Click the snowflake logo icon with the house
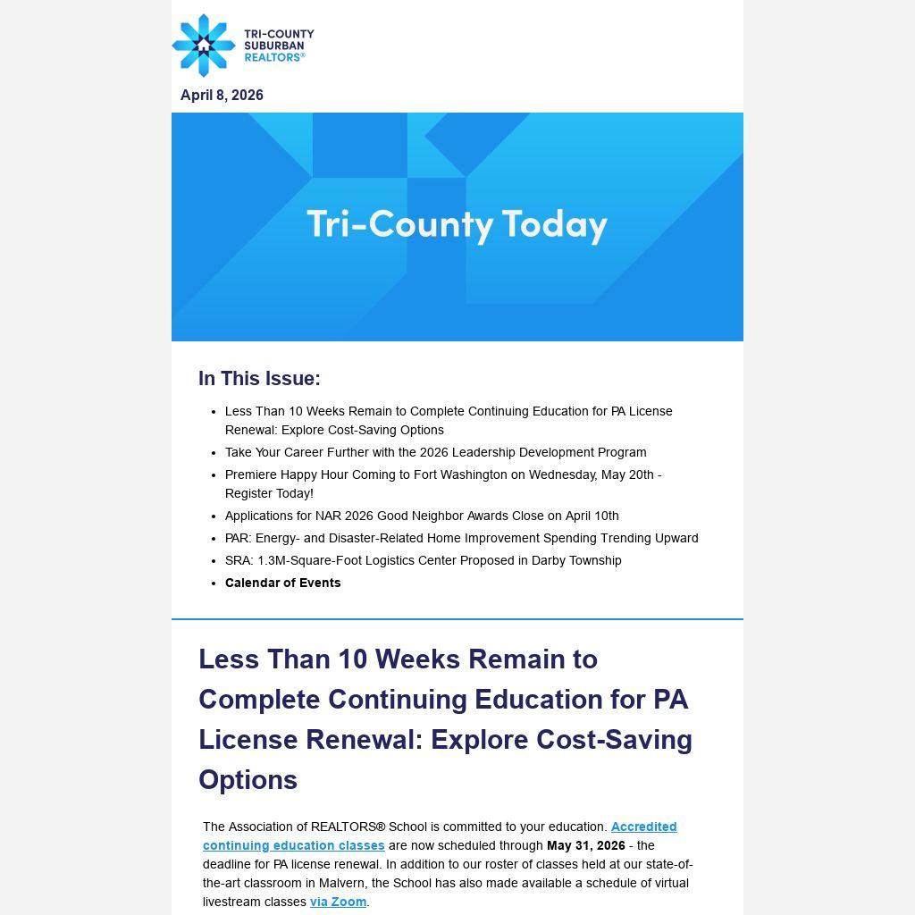point(204,45)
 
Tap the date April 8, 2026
point(222,96)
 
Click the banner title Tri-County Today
point(457,224)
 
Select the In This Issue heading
point(259,379)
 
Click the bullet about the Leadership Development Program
point(435,452)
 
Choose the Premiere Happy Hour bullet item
point(442,483)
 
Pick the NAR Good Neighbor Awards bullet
point(421,516)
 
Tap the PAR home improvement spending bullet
point(461,538)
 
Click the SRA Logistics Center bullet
point(423,560)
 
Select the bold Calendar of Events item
point(282,583)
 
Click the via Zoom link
point(338,902)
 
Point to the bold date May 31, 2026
point(585,845)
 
